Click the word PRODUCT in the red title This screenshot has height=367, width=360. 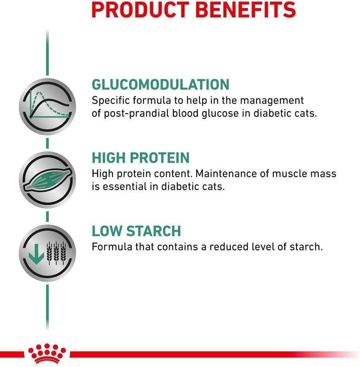[140, 9]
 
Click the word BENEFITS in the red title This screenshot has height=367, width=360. [245, 9]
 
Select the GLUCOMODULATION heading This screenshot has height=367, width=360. [160, 84]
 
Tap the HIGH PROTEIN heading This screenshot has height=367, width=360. [141, 158]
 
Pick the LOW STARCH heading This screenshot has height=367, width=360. [136, 231]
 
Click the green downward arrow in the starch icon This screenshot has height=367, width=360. [36, 254]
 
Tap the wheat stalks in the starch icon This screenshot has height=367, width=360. [56, 253]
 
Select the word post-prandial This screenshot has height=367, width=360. [136, 114]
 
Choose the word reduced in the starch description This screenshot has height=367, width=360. [228, 247]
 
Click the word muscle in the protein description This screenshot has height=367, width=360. [289, 174]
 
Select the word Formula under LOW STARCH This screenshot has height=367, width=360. [112, 247]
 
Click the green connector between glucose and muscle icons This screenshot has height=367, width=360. [48, 143]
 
